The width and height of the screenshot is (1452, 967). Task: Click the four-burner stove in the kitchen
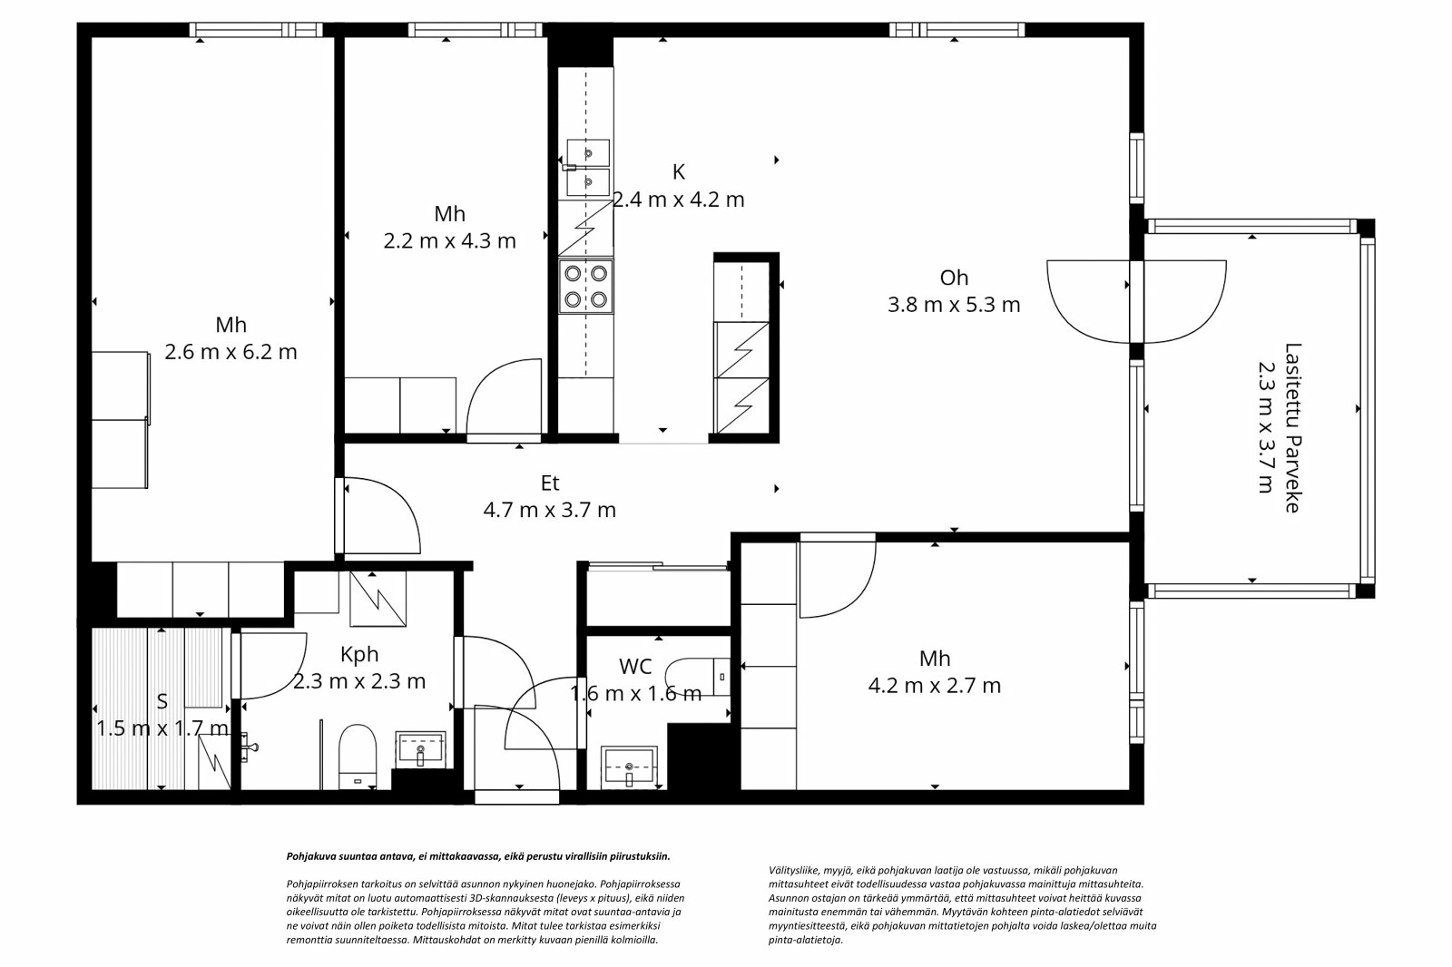pyautogui.click(x=585, y=286)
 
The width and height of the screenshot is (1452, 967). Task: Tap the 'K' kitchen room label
pyautogui.click(x=679, y=172)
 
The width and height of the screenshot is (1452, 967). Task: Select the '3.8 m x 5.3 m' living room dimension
pyautogui.click(x=954, y=305)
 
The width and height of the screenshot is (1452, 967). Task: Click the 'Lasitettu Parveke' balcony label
pyautogui.click(x=1293, y=426)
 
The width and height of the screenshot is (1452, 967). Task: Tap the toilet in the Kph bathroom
pyautogui.click(x=358, y=752)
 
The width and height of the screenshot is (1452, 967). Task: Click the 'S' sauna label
pyautogui.click(x=162, y=701)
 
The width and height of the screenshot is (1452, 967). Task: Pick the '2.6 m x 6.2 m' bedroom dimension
pyautogui.click(x=231, y=352)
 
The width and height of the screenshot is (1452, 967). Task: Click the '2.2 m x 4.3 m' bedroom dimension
pyautogui.click(x=449, y=241)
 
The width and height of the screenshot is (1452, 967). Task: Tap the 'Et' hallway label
pyautogui.click(x=550, y=483)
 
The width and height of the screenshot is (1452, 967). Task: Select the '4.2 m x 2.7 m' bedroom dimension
pyautogui.click(x=935, y=686)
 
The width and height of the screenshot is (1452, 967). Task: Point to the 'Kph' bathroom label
pyautogui.click(x=359, y=654)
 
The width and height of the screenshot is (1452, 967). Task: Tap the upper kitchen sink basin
pyautogui.click(x=587, y=152)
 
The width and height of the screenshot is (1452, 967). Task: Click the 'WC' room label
pyautogui.click(x=635, y=667)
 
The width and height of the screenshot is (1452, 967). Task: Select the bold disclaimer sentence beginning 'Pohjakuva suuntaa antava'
pyautogui.click(x=478, y=856)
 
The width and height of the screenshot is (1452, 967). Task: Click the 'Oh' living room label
pyautogui.click(x=954, y=278)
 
